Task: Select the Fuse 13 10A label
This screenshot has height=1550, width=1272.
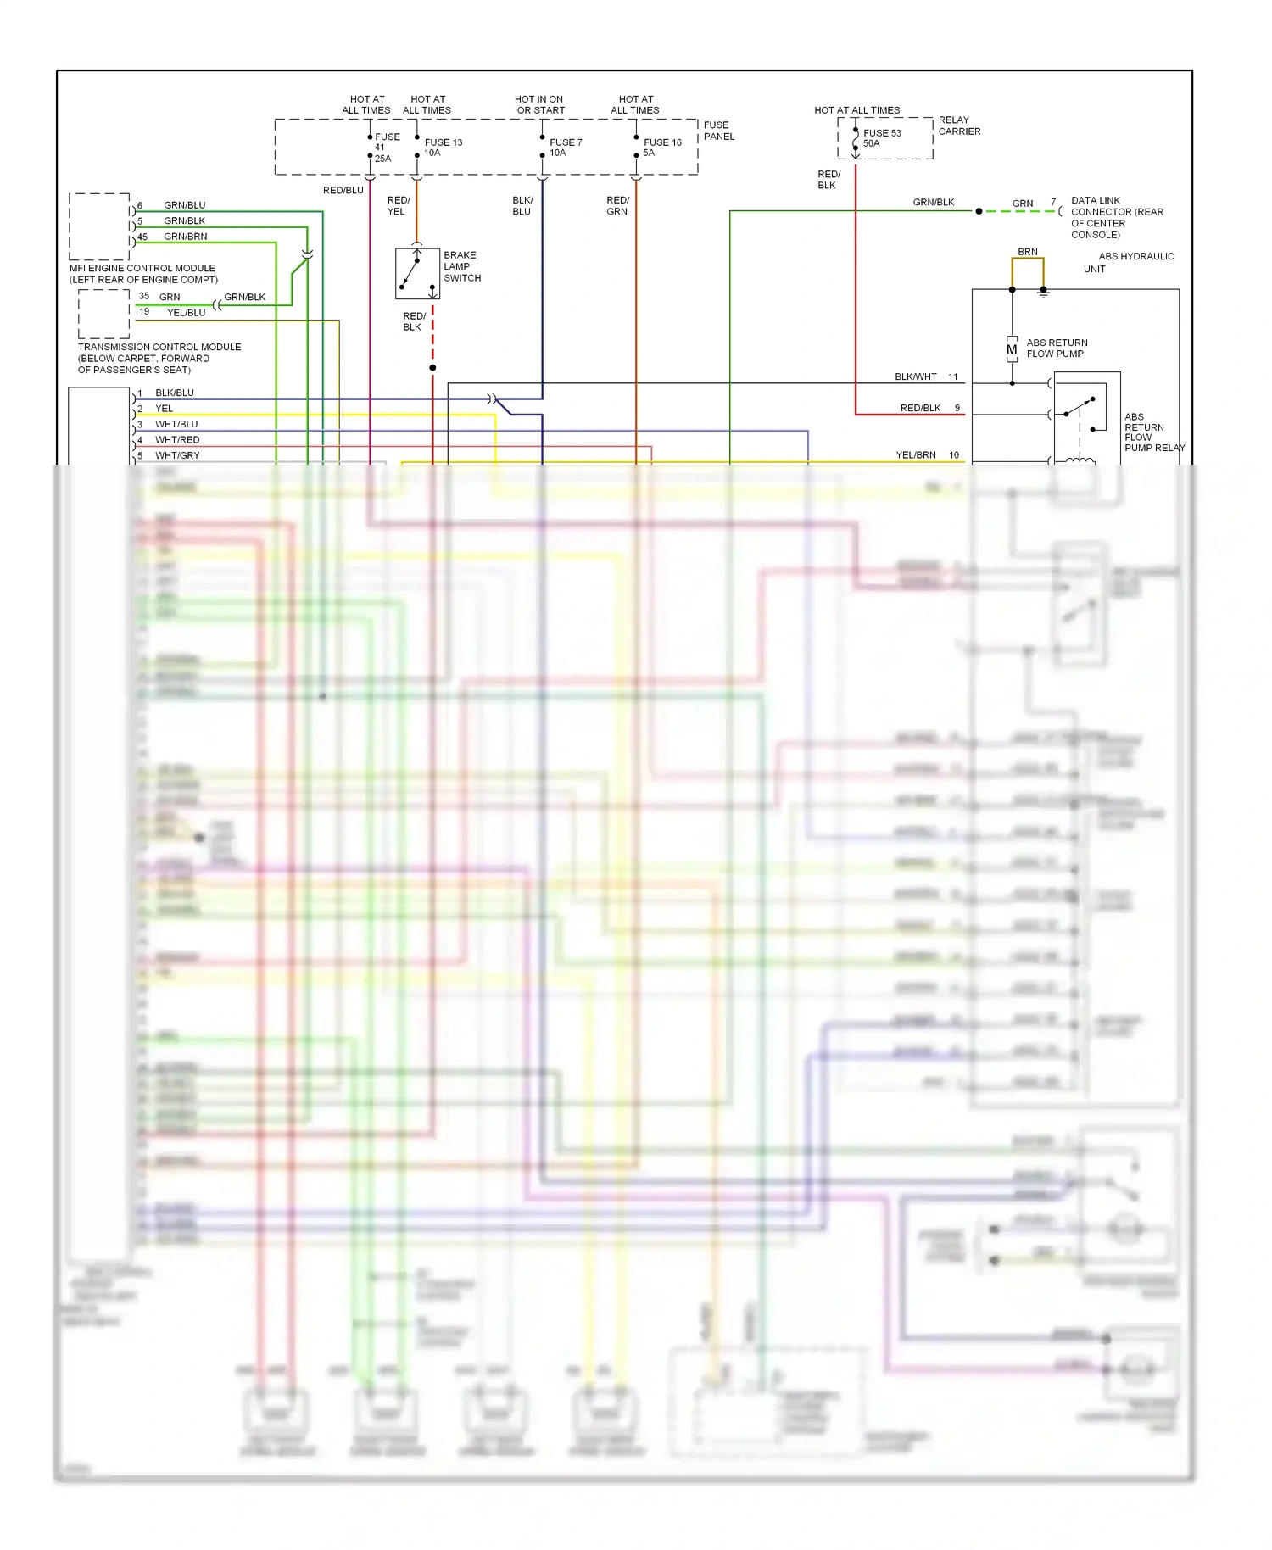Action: pyautogui.click(x=443, y=148)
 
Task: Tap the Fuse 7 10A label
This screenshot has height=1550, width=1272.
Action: pyautogui.click(x=565, y=148)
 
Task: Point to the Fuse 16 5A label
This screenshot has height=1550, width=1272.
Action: pyautogui.click(x=661, y=148)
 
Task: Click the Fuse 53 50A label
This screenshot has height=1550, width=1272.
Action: pyautogui.click(x=881, y=138)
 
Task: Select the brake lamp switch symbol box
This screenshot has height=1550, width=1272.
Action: pyautogui.click(x=417, y=274)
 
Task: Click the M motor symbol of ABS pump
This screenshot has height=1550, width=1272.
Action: pyautogui.click(x=1012, y=349)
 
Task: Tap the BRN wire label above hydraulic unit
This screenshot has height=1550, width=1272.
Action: pyautogui.click(x=1027, y=252)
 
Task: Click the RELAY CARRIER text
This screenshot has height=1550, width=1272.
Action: pyautogui.click(x=958, y=125)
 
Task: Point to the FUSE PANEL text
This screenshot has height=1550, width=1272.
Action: pyautogui.click(x=718, y=131)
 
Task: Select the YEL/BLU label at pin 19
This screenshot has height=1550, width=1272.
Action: pyautogui.click(x=186, y=313)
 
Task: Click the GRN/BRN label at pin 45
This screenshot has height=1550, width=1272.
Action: pyautogui.click(x=185, y=237)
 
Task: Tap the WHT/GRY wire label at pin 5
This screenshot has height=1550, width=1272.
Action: pyautogui.click(x=177, y=455)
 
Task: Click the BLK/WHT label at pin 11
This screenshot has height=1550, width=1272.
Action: pyautogui.click(x=915, y=376)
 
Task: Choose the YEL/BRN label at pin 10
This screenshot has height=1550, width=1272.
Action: pyautogui.click(x=916, y=455)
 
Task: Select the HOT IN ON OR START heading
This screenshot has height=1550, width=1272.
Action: pyautogui.click(x=539, y=104)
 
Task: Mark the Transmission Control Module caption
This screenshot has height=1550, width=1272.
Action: pyautogui.click(x=159, y=358)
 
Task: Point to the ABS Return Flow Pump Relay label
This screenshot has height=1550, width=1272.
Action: pyautogui.click(x=1152, y=432)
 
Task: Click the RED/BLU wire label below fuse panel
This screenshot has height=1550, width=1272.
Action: pyautogui.click(x=343, y=191)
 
